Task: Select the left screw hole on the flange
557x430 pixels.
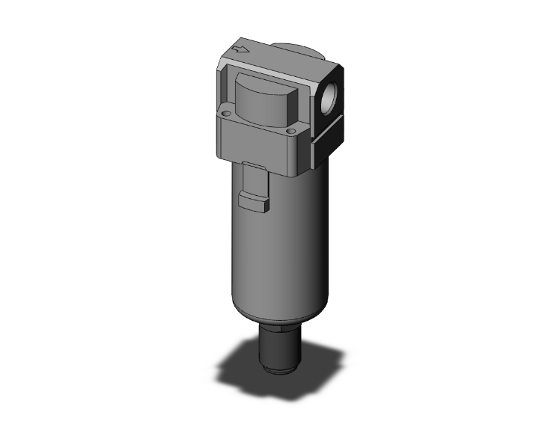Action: pos(226,114)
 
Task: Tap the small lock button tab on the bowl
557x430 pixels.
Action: pos(253,201)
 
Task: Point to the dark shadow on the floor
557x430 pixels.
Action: pos(247,366)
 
